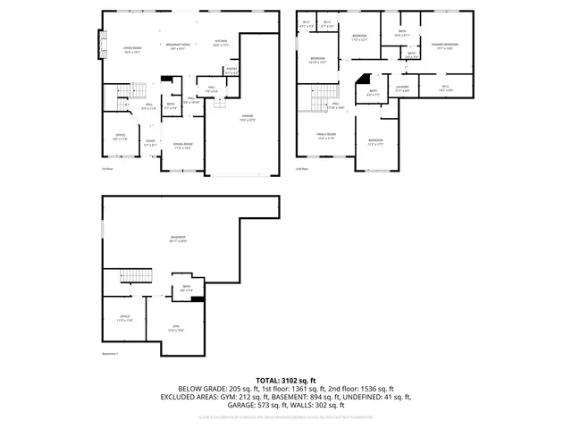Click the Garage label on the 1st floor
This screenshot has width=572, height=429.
click(x=247, y=116)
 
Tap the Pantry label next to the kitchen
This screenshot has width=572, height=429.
click(x=231, y=71)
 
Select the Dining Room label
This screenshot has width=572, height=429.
click(x=183, y=147)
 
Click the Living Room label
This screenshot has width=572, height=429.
click(x=131, y=51)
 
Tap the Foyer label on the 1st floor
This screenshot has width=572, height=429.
click(x=150, y=141)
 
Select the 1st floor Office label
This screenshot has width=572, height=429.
click(x=120, y=138)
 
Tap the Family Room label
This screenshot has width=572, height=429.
click(x=325, y=137)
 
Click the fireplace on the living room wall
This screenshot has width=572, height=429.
click(x=99, y=44)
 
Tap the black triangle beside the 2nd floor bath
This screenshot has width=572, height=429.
click(x=363, y=80)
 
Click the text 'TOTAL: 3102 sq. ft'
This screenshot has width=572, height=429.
click(x=286, y=380)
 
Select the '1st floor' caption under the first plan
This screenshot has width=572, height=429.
click(x=106, y=167)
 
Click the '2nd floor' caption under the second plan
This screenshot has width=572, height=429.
click(x=301, y=167)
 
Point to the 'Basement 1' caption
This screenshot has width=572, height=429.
click(x=111, y=354)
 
